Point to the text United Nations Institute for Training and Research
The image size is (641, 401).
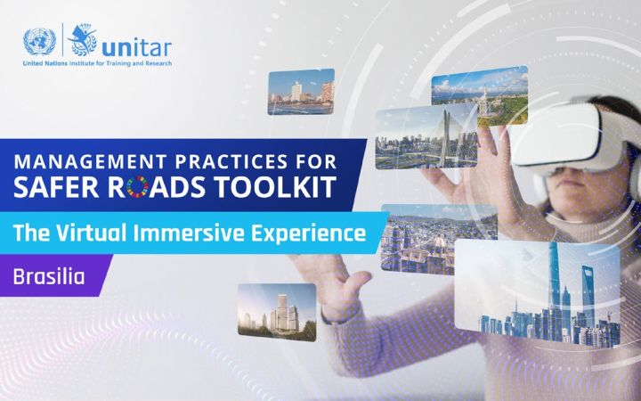(98, 64)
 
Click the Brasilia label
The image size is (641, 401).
(48, 275)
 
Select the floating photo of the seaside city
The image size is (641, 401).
(301, 92)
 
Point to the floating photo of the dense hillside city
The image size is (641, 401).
(423, 238)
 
